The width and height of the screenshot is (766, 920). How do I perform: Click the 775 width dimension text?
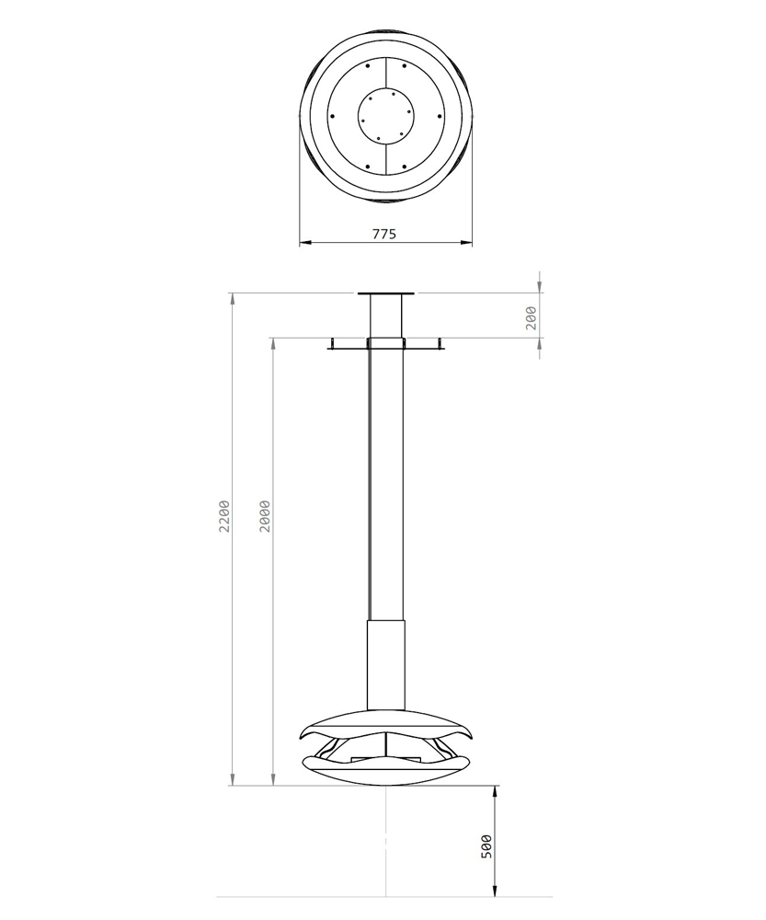click(x=384, y=234)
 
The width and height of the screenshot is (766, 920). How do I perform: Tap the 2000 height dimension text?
click(x=264, y=517)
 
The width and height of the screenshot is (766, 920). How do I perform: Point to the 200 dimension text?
click(x=531, y=318)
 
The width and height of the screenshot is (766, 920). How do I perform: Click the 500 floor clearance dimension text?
click(x=486, y=846)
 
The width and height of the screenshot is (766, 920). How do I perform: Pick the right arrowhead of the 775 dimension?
click(x=466, y=244)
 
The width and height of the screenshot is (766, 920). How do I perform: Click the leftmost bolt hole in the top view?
click(x=331, y=116)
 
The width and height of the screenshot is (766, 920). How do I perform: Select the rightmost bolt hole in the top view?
click(x=442, y=116)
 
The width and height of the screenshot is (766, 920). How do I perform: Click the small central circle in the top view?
click(x=386, y=116)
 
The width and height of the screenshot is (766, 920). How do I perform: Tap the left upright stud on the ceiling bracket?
click(x=331, y=343)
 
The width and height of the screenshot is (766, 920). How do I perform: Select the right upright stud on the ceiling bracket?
click(x=441, y=343)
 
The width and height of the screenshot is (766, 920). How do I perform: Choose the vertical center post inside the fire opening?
click(x=386, y=746)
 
